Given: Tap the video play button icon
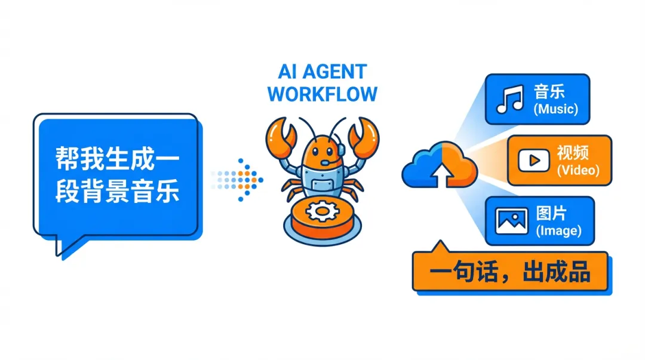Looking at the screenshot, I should (x=530, y=160).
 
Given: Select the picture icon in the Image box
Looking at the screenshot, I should (x=512, y=221).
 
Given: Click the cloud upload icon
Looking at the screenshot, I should (x=440, y=165).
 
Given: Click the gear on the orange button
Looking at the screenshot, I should (x=322, y=210).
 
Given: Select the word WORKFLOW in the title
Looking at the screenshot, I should (x=322, y=94).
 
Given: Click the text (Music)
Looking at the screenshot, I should (x=556, y=109).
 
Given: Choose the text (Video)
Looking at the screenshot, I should (x=577, y=170).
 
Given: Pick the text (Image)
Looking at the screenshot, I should (x=558, y=230).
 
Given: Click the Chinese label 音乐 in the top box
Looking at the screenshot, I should (x=549, y=92).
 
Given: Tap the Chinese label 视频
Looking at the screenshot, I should (x=573, y=153).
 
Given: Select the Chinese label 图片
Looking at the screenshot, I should (x=551, y=213).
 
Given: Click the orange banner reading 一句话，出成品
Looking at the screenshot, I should (x=510, y=272).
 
